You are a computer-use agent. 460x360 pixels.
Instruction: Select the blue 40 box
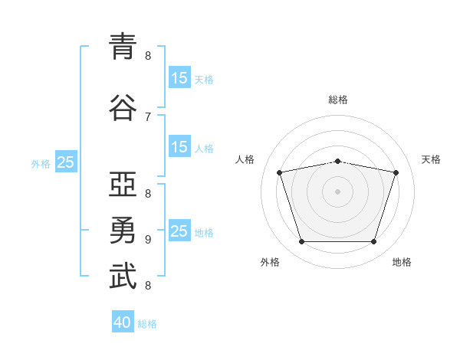123,322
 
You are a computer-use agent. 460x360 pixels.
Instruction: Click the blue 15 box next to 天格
179,77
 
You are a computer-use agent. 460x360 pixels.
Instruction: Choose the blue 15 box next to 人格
179,147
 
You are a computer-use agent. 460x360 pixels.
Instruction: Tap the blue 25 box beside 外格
65,162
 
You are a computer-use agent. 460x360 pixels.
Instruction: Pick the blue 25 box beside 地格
179,231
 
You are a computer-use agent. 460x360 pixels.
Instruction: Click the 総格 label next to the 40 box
148,324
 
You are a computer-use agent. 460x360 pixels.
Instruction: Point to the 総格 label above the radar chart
338,100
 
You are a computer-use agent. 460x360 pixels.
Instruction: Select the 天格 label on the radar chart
432,159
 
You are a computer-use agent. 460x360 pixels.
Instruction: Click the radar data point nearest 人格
280,172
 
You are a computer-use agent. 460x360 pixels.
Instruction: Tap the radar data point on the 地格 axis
373,242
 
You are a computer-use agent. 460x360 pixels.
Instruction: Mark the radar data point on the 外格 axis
302,242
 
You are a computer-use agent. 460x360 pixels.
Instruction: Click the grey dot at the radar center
338,191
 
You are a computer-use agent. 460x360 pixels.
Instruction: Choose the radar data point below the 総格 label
338,161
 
